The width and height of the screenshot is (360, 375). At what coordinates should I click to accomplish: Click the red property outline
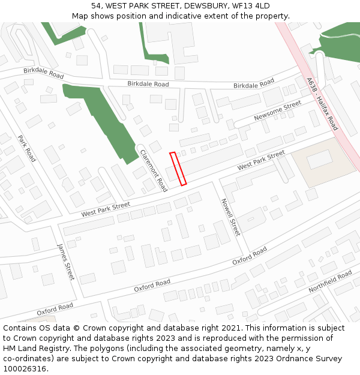(178, 169)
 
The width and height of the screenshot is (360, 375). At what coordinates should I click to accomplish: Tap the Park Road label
(27, 148)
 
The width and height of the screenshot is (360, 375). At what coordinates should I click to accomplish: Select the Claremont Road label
(153, 170)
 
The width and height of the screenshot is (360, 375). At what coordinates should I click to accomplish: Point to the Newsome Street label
(277, 110)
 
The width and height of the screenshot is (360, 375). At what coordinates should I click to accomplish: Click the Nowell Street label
(230, 217)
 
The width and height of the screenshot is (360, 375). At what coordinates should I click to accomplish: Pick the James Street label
(65, 262)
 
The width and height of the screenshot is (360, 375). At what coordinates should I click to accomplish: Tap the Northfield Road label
(330, 281)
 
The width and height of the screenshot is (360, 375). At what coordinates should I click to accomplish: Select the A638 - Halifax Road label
(322, 104)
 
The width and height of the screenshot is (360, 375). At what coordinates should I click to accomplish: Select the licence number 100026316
(26, 369)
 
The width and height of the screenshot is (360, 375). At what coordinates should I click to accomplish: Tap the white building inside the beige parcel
(319, 159)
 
